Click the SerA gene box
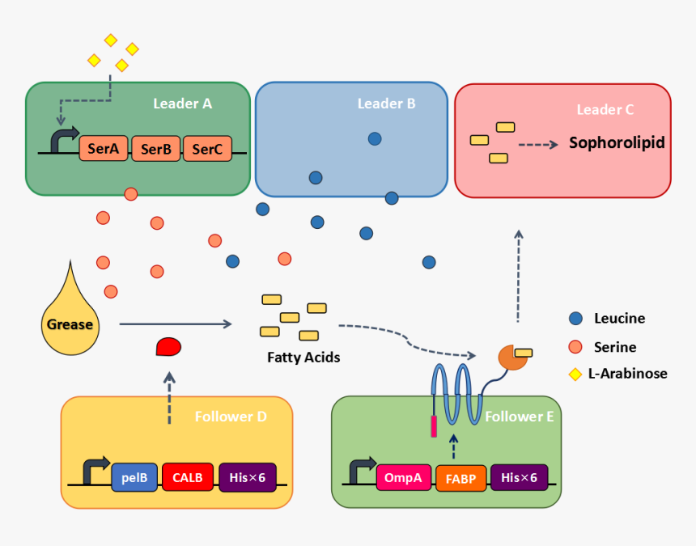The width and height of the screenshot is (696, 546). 104,148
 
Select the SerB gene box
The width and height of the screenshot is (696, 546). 155,148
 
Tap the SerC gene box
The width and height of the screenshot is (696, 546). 207,148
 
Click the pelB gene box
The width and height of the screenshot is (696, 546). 134,477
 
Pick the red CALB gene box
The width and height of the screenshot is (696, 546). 188,477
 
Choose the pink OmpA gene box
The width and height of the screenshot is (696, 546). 403,477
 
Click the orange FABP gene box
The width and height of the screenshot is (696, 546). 460,478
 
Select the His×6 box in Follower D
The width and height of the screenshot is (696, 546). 248,477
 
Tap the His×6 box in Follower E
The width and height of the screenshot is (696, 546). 519,477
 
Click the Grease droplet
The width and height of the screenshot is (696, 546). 70,320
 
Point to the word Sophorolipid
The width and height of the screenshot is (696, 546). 617,143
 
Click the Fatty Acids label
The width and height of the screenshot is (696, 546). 303,357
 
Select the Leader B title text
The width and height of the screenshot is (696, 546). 387,104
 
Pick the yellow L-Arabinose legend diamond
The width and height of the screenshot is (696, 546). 575,374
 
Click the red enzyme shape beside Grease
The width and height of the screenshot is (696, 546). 168,347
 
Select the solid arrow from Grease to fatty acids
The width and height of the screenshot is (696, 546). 175,324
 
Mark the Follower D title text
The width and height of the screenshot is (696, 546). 231,417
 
